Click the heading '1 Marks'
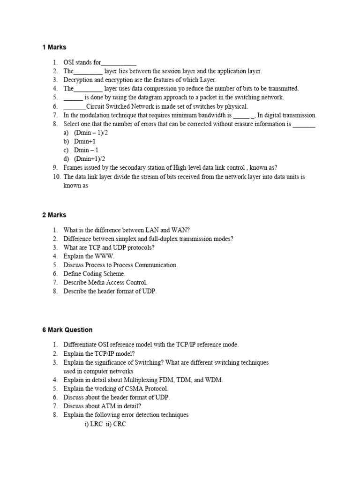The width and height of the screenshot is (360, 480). coord(54,47)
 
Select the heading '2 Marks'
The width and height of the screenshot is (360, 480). coord(54,215)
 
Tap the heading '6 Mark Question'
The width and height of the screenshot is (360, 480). coord(67,330)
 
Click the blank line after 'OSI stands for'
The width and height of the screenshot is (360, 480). coord(119,63)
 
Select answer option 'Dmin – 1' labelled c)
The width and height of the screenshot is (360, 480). coord(86,150)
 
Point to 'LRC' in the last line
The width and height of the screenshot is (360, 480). coord(97,424)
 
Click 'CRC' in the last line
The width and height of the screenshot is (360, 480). coord(120,424)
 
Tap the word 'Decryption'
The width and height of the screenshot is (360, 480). coord(78,80)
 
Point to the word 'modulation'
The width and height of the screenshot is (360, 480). coord(90,115)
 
